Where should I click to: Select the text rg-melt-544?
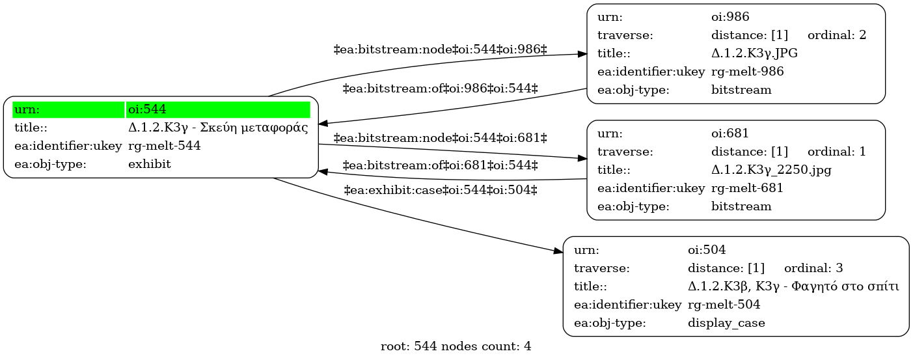[x=164, y=146]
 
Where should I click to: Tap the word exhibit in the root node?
[x=149, y=164]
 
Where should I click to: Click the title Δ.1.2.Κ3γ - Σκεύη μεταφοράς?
[x=218, y=128]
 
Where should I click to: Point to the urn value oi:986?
[x=730, y=17]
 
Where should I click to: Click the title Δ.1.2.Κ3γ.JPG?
[x=754, y=53]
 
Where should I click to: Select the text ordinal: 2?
[x=837, y=35]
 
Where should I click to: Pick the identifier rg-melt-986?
[x=748, y=72]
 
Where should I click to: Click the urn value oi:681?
[x=729, y=133]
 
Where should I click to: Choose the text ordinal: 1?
[x=837, y=152]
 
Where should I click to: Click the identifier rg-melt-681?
[x=747, y=188]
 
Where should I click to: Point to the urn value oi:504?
[x=707, y=250]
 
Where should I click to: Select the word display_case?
[x=726, y=323]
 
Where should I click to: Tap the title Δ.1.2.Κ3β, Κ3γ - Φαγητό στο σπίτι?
[x=793, y=286]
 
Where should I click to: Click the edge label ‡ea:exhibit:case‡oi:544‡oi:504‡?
[x=441, y=190]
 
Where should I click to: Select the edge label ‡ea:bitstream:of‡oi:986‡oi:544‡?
[x=441, y=89]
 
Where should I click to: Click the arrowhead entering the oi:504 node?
[x=558, y=251]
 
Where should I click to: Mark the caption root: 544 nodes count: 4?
[x=456, y=346]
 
